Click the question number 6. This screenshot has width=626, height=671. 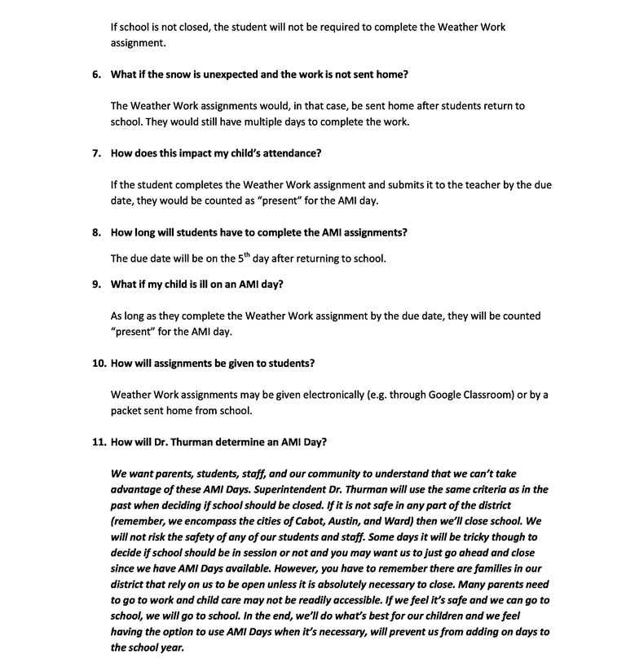point(95,74)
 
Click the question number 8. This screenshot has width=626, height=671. point(95,232)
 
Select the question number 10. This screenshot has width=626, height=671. point(98,364)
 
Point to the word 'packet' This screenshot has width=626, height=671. point(127,411)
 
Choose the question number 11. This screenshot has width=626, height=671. point(98,443)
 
